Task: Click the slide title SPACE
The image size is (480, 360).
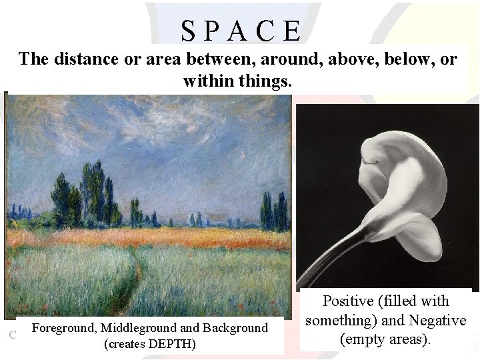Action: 240,31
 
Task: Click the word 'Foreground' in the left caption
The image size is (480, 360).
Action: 63,328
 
